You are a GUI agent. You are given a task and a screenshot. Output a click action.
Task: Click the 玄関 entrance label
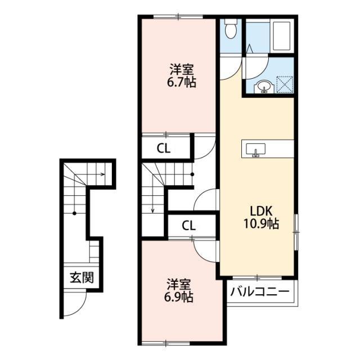click(82, 277)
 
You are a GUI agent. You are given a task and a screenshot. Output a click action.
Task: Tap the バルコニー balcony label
click(260, 291)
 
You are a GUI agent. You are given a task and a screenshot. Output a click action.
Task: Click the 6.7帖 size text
click(181, 82)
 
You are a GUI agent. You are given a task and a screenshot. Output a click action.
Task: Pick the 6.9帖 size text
click(179, 296)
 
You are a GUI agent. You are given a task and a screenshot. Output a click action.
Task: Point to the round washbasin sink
click(263, 86)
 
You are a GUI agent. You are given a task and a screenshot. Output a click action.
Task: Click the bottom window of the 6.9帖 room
click(167, 343)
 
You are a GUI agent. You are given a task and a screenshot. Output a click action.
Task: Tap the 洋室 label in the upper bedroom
click(181, 70)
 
